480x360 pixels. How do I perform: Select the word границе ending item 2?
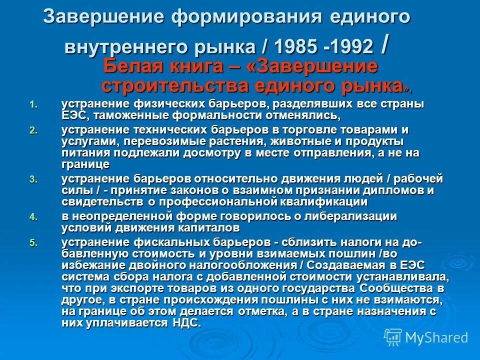85,164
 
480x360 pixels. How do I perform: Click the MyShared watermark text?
436,337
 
